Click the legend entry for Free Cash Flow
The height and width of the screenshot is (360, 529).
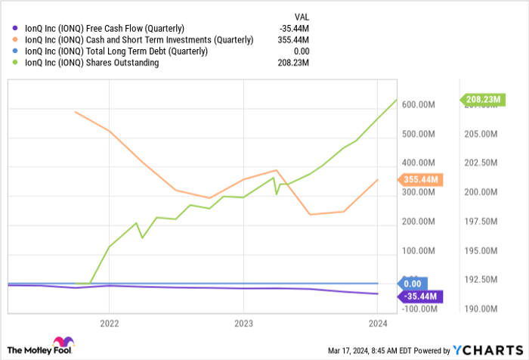pos(105,29)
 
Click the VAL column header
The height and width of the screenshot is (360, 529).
pos(302,16)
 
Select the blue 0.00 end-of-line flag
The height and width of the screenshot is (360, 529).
pos(413,283)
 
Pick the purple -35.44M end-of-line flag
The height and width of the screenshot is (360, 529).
pos(419,295)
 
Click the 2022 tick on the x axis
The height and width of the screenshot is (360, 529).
pos(109,321)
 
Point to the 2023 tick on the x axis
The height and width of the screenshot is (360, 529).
pos(243,321)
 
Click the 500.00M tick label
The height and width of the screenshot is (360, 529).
pos(418,135)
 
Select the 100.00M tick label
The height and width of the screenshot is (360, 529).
pos(418,251)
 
